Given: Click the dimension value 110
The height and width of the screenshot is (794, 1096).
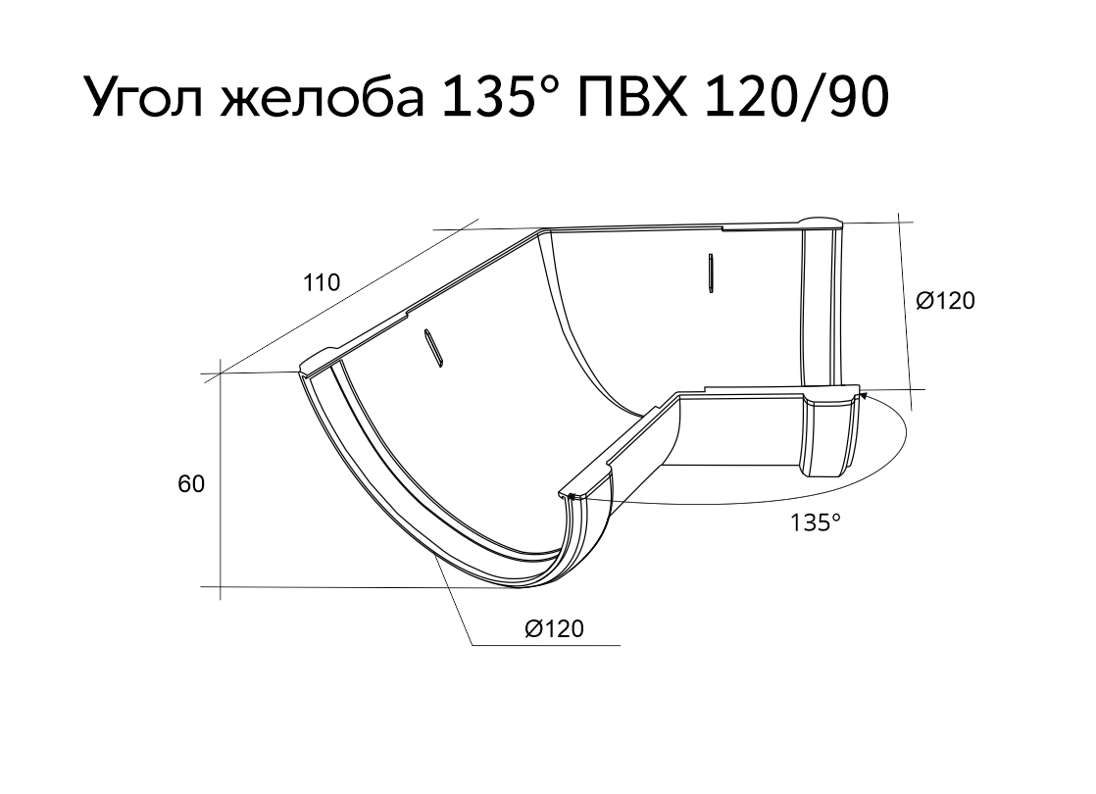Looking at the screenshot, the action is tap(321, 282).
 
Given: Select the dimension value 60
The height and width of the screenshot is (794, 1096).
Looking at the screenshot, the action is tap(191, 483).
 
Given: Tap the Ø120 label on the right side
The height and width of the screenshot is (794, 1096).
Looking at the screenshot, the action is tap(945, 301).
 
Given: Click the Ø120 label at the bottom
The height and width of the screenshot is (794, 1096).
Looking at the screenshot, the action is tap(554, 629).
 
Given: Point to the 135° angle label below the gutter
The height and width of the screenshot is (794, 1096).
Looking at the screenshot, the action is tap(815, 522).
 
